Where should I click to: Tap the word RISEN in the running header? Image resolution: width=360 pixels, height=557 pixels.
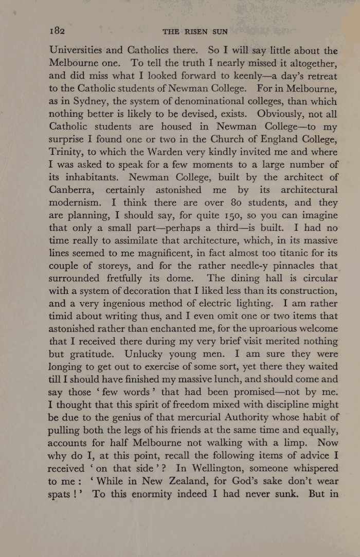point(196,31)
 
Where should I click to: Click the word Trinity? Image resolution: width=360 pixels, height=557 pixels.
point(69,152)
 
